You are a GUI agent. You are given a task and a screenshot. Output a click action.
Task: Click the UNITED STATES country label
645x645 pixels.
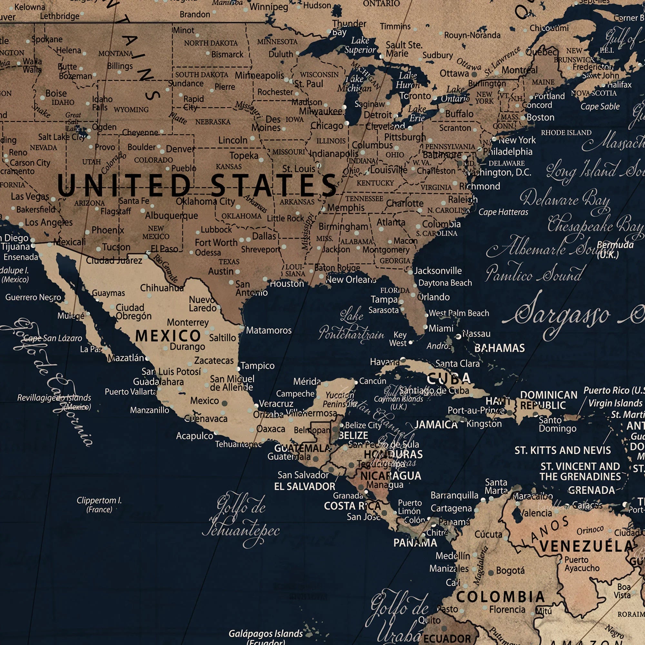point(197,185)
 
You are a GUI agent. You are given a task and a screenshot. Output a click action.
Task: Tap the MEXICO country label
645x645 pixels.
point(168,336)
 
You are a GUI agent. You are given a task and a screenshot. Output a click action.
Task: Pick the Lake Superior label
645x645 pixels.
point(360,45)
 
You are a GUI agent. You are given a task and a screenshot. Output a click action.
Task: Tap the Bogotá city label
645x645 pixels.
point(510,571)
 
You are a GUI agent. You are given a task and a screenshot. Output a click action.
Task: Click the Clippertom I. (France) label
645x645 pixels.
point(99,505)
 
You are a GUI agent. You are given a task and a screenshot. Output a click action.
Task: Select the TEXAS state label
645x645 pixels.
point(229,262)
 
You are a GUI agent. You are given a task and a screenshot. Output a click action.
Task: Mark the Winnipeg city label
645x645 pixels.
point(269,7)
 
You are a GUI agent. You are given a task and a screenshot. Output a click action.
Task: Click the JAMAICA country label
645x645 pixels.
point(436,425)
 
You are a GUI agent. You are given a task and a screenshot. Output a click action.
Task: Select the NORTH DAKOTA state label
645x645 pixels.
point(211,43)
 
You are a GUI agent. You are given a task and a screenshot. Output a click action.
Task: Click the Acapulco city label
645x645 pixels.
point(194,436)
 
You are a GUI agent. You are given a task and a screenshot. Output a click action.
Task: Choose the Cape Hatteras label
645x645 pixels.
point(503,212)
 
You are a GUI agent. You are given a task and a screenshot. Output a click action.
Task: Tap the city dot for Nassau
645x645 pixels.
point(459,336)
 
